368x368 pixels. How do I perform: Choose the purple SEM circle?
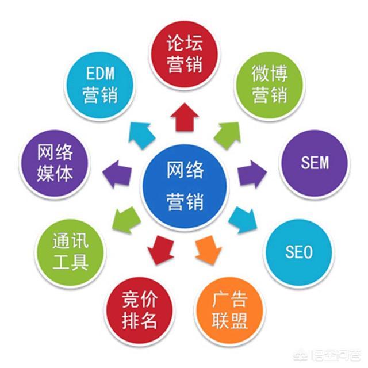tap(314, 163)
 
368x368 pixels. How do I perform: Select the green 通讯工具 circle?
tap(70, 251)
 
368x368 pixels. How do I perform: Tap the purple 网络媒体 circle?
tap(54, 163)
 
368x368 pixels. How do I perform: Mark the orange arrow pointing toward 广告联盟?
tap(208, 247)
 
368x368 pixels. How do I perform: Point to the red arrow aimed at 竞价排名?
tap(160, 248)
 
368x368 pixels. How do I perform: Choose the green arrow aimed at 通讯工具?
tap(125, 219)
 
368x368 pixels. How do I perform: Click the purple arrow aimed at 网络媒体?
tap(117, 171)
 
